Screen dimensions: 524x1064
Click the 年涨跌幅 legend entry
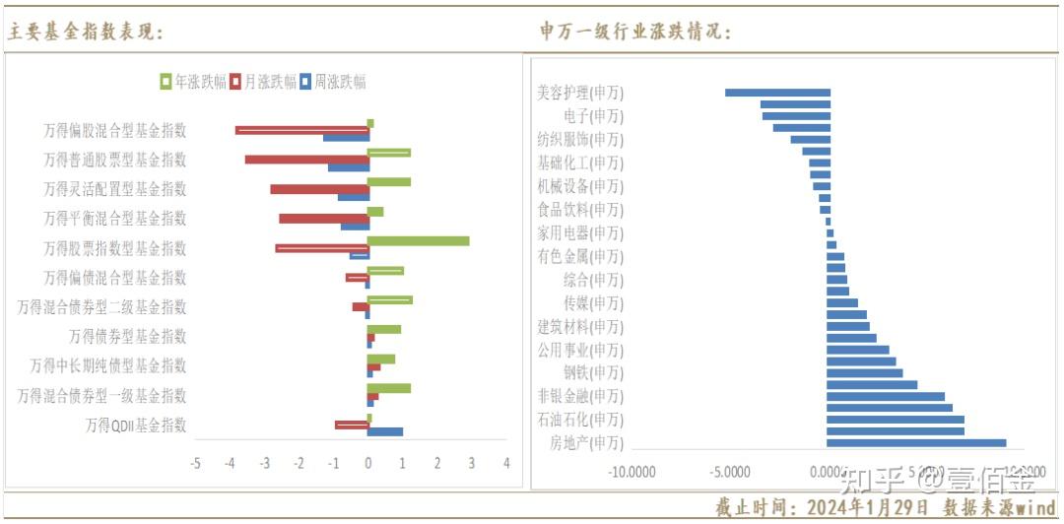[194, 82]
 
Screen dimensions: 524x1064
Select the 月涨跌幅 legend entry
[263, 82]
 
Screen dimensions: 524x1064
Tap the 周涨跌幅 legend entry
[333, 82]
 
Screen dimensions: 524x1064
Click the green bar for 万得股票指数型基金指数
[418, 240]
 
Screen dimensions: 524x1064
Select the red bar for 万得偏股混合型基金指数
[301, 130]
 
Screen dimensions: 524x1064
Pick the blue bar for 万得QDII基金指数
[385, 431]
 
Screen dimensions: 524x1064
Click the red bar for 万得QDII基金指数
[352, 425]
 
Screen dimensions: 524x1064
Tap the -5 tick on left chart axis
[196, 463]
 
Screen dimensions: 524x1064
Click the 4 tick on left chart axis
[506, 463]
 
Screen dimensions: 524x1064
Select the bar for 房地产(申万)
[916, 443]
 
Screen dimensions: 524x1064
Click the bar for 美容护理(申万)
[777, 93]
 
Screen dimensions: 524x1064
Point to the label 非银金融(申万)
[580, 396]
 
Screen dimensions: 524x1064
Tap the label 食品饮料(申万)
[580, 209]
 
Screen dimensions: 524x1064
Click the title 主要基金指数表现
[85, 33]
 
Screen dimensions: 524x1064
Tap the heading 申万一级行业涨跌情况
[635, 33]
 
